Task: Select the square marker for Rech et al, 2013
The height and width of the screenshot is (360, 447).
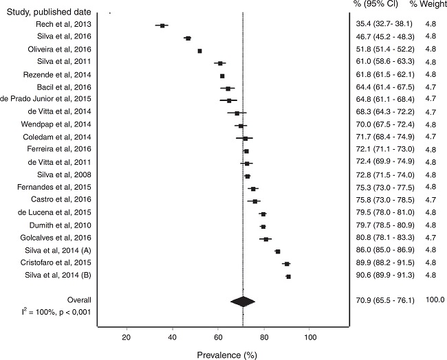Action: (x=162, y=25)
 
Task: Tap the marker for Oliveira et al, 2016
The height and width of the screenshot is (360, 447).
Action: (x=200, y=51)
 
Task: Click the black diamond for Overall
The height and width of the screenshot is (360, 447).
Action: (x=243, y=301)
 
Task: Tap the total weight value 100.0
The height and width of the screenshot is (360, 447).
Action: (x=435, y=300)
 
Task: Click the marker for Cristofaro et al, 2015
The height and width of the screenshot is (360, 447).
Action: (x=287, y=264)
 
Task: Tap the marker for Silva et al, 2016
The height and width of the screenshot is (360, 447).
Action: (x=188, y=38)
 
